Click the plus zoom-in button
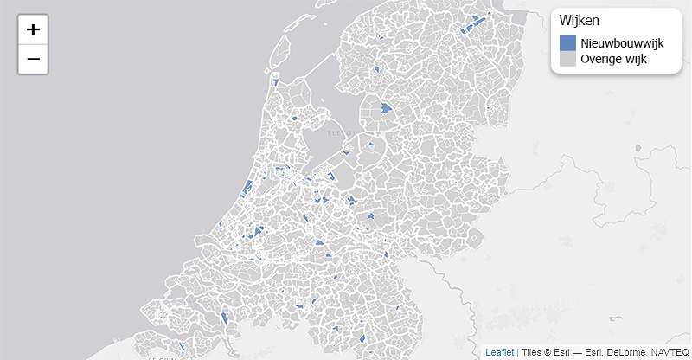click(x=33, y=29)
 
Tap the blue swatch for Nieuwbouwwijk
click(x=567, y=43)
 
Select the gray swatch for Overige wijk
click(x=567, y=60)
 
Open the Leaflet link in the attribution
click(x=499, y=352)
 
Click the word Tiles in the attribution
click(x=531, y=352)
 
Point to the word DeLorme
click(x=624, y=352)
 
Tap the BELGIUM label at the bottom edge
click(x=162, y=357)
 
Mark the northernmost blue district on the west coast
click(x=275, y=82)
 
